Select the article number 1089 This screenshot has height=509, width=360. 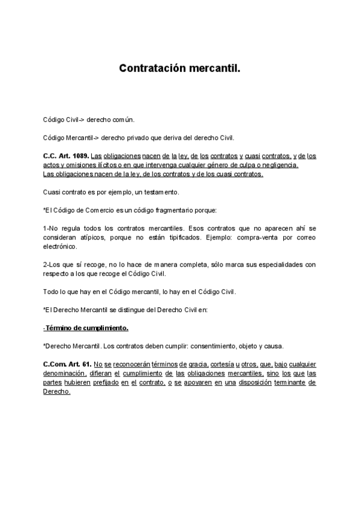[77, 156]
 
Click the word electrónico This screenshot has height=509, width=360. [61, 247]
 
